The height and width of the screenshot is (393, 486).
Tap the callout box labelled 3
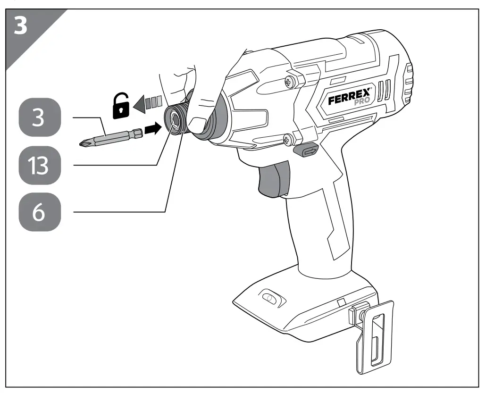(x=40, y=118)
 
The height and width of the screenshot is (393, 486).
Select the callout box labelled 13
(x=40, y=165)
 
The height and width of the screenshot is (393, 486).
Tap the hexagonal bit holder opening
(x=174, y=121)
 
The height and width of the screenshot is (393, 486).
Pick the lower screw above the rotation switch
(x=287, y=139)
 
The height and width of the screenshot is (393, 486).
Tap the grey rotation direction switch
(x=305, y=151)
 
